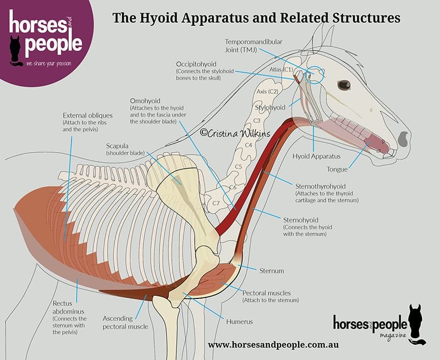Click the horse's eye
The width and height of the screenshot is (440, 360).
click(344, 85)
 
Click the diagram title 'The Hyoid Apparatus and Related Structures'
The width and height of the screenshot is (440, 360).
click(256, 18)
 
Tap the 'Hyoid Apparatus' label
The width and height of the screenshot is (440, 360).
click(313, 156)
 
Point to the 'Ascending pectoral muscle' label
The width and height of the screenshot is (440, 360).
click(125, 322)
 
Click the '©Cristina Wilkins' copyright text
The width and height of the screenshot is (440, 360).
click(230, 132)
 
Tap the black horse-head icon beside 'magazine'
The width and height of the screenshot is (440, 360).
click(416, 324)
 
